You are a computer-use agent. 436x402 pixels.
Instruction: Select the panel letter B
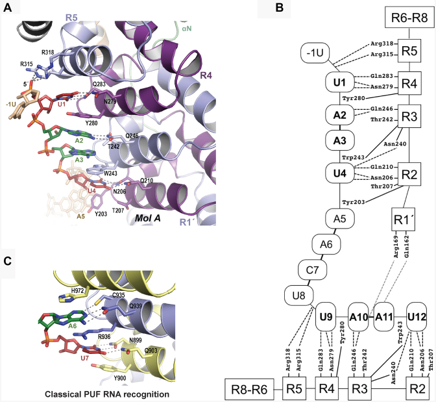278,8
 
